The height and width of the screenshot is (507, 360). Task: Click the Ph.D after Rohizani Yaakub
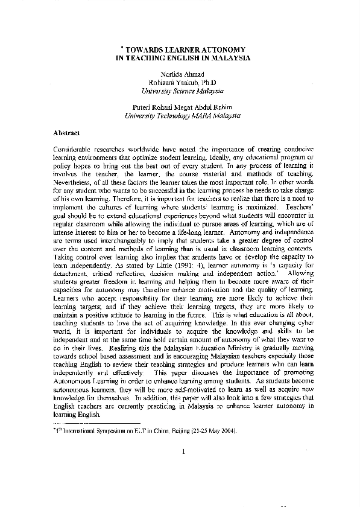(207, 82)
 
